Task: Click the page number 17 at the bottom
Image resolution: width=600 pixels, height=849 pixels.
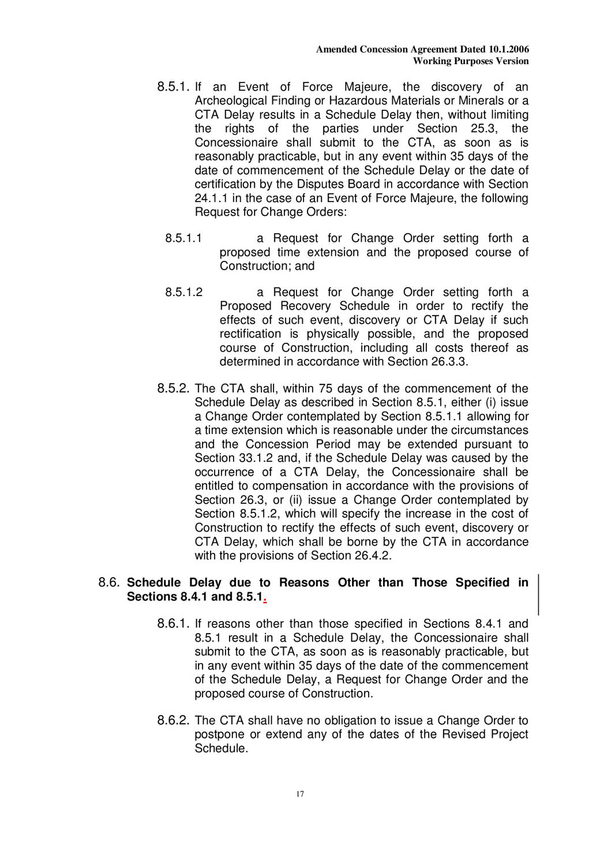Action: point(300,794)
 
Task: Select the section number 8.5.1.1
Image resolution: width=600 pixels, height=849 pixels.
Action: point(183,238)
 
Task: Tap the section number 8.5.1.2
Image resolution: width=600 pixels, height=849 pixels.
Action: point(183,293)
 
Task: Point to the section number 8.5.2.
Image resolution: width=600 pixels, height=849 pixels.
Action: point(173,388)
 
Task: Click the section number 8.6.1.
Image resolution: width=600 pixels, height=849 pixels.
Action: point(173,623)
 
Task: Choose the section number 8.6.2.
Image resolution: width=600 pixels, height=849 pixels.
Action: point(173,720)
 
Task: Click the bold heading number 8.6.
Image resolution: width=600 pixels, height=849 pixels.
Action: point(109,582)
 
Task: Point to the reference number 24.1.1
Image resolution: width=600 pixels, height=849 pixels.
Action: point(211,199)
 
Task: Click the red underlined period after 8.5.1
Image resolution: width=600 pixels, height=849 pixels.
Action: point(264,598)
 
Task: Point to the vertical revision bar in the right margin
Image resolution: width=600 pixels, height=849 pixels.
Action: point(539,594)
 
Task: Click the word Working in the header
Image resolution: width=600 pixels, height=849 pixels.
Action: point(433,61)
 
